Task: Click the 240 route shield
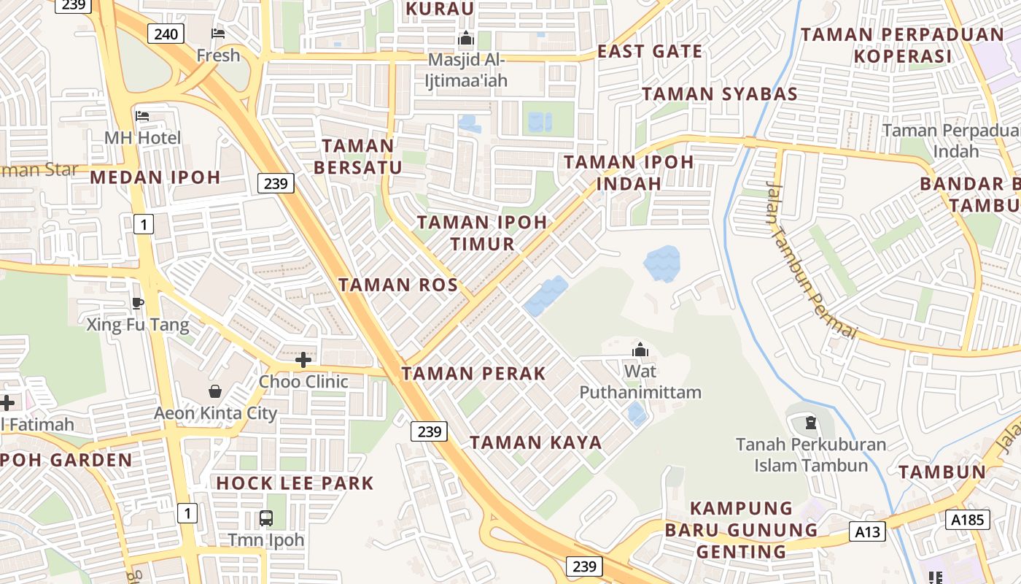pyautogui.click(x=166, y=34)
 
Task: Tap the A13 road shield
pyautogui.click(x=867, y=532)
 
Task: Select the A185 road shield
pyautogui.click(x=968, y=520)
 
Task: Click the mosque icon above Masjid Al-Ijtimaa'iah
pyautogui.click(x=465, y=39)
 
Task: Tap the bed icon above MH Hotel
pyautogui.click(x=142, y=116)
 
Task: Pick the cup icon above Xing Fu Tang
pyautogui.click(x=138, y=303)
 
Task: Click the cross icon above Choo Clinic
pyautogui.click(x=303, y=359)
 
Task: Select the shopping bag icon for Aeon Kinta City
pyautogui.click(x=215, y=391)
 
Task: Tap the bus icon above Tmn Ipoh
pyautogui.click(x=266, y=518)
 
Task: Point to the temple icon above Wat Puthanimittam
pyautogui.click(x=640, y=350)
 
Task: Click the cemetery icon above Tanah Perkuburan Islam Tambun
pyautogui.click(x=810, y=423)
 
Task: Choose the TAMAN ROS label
pyautogui.click(x=398, y=285)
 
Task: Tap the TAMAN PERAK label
pyautogui.click(x=473, y=374)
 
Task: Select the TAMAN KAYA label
pyautogui.click(x=536, y=442)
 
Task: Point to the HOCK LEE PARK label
pyautogui.click(x=295, y=483)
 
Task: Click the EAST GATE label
pyautogui.click(x=650, y=52)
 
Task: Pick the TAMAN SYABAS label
pyautogui.click(x=719, y=94)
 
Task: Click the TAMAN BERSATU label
pyautogui.click(x=358, y=156)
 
